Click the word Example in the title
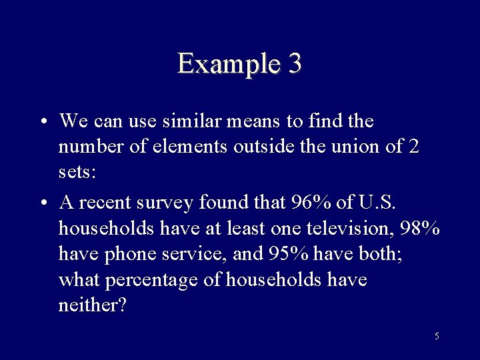click(227, 64)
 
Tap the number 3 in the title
click(295, 63)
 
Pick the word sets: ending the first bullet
click(77, 172)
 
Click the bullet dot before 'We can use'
click(43, 123)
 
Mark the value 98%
click(421, 228)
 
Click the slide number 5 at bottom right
click(437, 336)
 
